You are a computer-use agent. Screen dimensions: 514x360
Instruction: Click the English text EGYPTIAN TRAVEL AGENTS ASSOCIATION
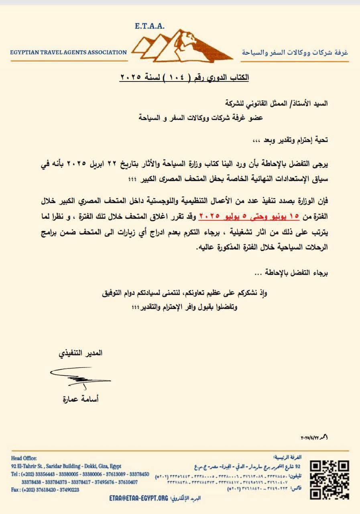point(69,52)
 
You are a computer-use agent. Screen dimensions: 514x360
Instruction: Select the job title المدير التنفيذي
point(80,353)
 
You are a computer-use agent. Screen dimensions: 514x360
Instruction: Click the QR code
point(330,479)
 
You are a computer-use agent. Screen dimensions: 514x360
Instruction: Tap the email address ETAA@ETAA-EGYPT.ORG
point(138,498)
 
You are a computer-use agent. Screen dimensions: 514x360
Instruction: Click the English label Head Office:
point(24,458)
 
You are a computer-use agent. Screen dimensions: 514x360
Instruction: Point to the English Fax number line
point(45,490)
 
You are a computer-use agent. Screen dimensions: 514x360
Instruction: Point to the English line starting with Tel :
point(80,474)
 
